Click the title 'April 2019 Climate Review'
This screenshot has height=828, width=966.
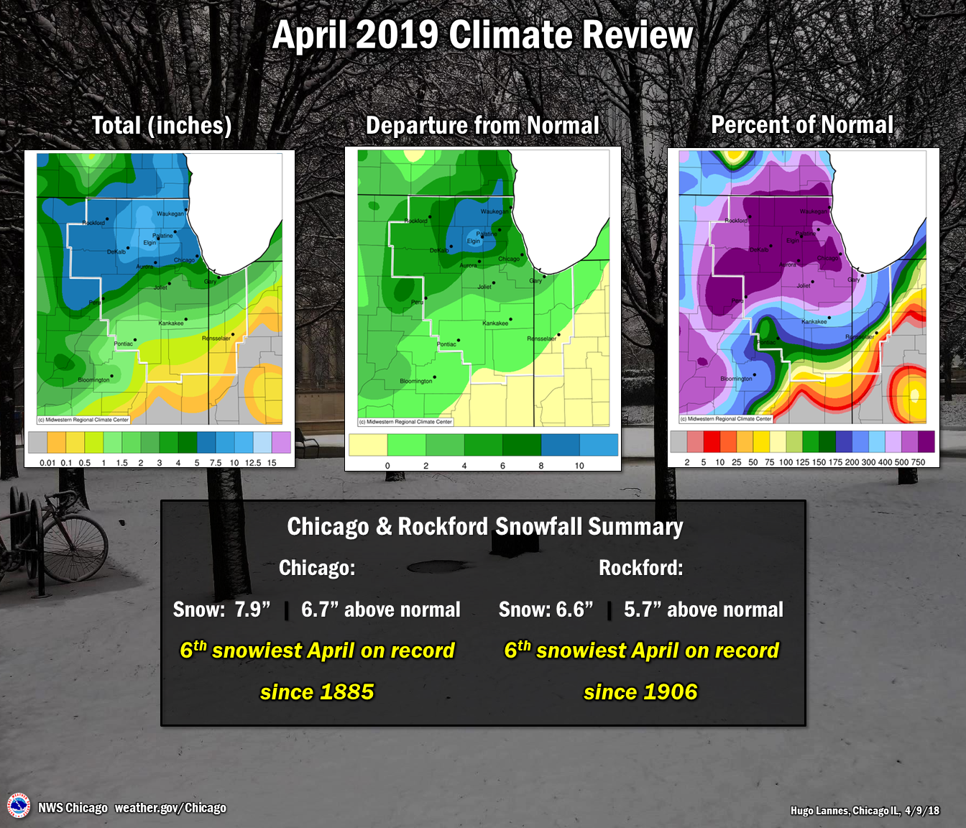[x=482, y=35]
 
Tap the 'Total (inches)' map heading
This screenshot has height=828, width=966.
[x=162, y=126]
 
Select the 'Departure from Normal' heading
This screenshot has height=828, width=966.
[x=482, y=126]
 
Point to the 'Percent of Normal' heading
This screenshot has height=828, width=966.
[x=802, y=125]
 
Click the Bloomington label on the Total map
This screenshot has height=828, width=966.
[x=93, y=379]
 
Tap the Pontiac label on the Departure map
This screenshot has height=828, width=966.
[x=446, y=344]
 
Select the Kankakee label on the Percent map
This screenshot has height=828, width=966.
[x=814, y=322]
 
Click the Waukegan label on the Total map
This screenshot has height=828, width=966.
[x=170, y=213]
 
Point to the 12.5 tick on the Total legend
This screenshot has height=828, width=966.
[x=253, y=463]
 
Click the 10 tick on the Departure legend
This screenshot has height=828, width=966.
[x=579, y=466]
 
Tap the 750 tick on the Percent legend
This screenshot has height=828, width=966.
[x=918, y=462]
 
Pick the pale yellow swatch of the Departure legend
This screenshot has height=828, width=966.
[x=367, y=445]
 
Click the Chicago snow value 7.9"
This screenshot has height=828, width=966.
[x=252, y=609]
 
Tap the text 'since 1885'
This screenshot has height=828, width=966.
[x=317, y=691]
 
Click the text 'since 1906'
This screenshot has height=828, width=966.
[x=640, y=691]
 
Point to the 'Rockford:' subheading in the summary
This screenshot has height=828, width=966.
[x=640, y=568]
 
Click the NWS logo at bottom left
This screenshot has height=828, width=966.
[x=19, y=806]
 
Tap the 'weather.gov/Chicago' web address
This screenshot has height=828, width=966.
[x=170, y=808]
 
